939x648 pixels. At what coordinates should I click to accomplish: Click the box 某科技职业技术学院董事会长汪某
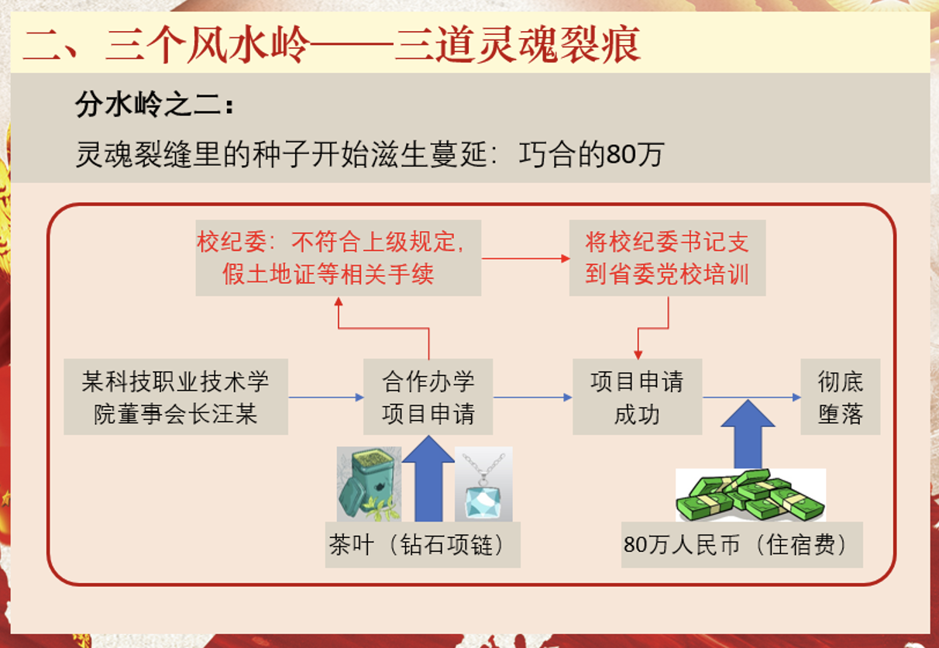point(176,397)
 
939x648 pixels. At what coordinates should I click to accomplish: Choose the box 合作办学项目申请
point(428,397)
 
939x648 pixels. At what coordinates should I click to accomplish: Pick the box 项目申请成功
point(637,397)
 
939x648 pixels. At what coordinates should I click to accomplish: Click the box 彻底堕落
point(840,397)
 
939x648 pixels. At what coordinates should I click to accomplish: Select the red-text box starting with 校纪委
point(338,257)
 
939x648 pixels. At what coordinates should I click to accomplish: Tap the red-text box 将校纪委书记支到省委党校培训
point(667,257)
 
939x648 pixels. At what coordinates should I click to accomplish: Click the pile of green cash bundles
point(750,495)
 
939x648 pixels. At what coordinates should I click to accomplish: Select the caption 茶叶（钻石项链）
point(422,545)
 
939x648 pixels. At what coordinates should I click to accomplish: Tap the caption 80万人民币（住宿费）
point(741,545)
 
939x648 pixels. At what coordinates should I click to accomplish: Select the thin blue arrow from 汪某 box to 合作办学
point(326,398)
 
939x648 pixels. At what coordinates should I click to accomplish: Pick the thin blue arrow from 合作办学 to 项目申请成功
point(533,398)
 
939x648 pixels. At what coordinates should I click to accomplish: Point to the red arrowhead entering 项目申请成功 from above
point(638,353)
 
